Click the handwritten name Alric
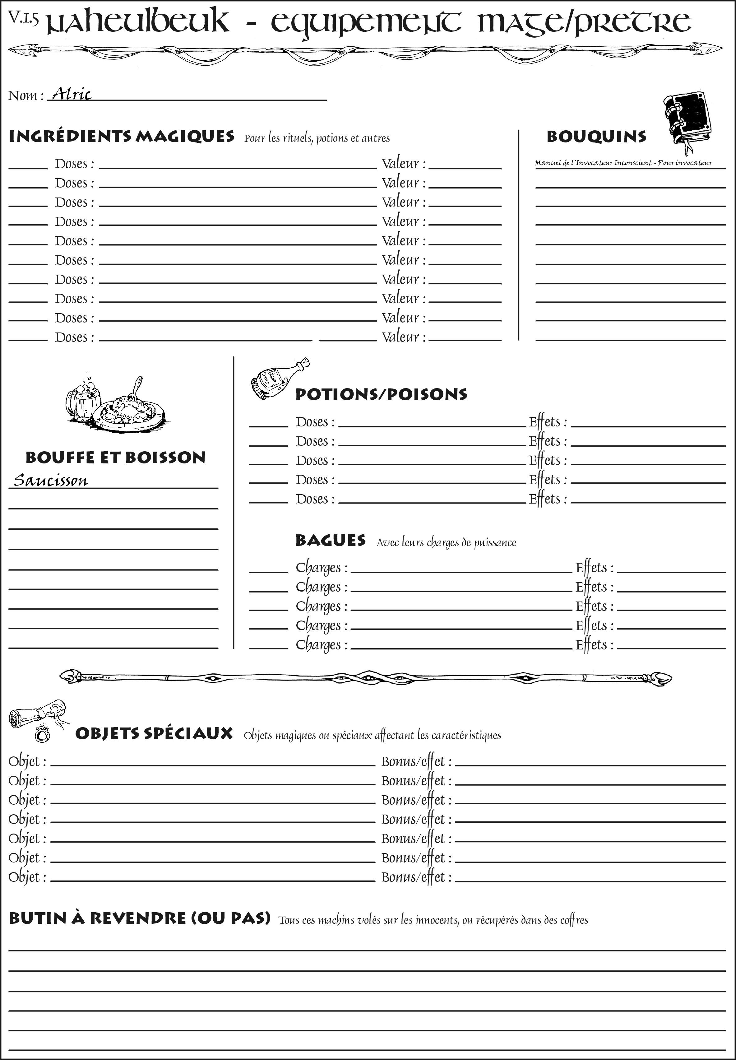tap(72, 94)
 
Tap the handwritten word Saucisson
tap(51, 480)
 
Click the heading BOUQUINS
tap(596, 137)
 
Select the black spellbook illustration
tap(687, 119)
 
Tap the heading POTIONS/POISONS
tap(381, 394)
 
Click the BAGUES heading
tap(330, 540)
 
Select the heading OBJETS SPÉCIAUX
tap(154, 733)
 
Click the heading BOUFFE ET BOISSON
tap(115, 457)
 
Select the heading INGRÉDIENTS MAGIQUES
tap(121, 137)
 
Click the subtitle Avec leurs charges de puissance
tap(446, 542)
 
